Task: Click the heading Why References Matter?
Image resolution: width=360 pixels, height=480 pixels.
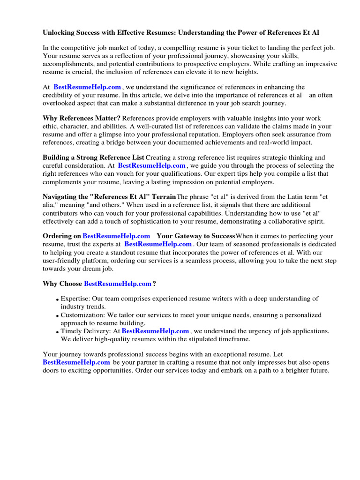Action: [x=82, y=119]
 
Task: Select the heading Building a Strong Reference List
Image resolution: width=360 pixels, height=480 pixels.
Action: [x=93, y=158]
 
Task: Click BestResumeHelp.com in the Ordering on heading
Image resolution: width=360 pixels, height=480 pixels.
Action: [x=117, y=236]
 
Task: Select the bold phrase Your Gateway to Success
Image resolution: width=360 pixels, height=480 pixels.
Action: [x=195, y=236]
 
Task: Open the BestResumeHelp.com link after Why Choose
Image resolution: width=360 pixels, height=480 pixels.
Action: [x=118, y=284]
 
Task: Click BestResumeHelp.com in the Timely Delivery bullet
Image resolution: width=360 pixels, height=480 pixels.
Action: [x=156, y=331]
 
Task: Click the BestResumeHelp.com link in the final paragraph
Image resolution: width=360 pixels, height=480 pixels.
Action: [x=76, y=362]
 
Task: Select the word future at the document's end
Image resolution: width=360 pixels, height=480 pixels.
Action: [x=318, y=370]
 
